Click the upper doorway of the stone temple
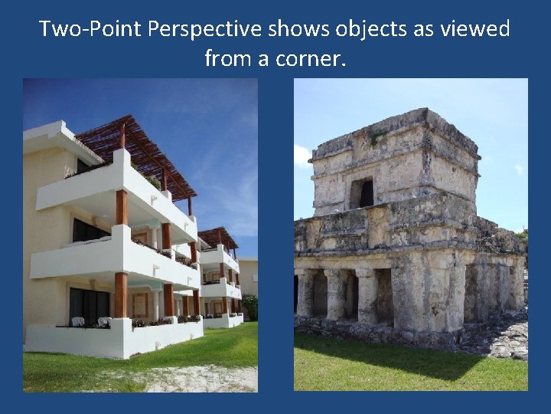361,192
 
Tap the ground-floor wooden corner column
120,294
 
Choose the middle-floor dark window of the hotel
89,230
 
